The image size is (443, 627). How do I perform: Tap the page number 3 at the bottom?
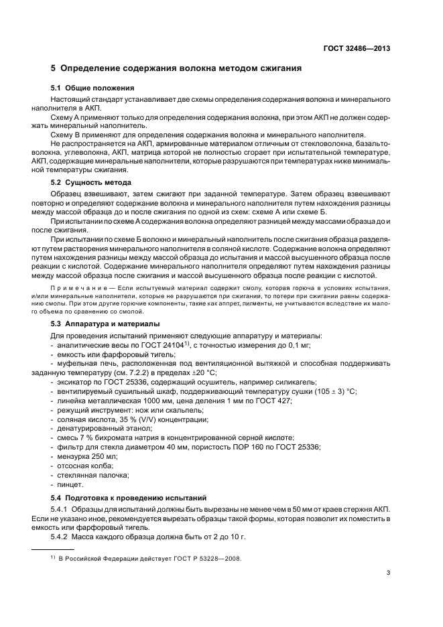point(388,573)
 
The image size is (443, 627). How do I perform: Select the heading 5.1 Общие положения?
point(93,88)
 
